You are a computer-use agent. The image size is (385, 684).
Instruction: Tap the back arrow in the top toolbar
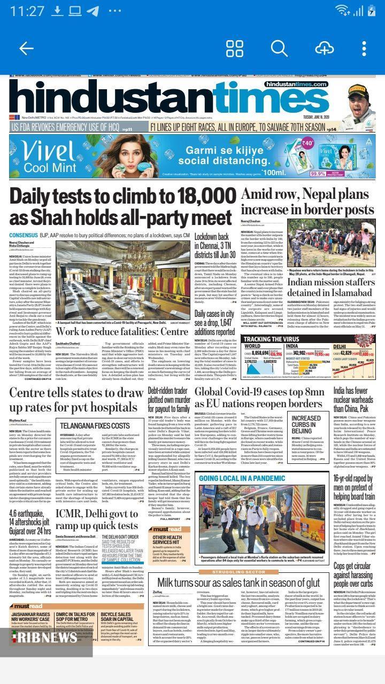(26, 48)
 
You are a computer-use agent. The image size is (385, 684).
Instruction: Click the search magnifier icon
(279, 48)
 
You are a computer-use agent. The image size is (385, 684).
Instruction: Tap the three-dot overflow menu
(364, 48)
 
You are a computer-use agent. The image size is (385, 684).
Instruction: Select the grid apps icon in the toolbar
(235, 48)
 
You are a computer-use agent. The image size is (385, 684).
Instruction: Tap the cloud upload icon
(324, 48)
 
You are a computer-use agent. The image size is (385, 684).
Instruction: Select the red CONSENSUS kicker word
(23, 235)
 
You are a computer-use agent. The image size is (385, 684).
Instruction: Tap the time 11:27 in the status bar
(27, 11)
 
